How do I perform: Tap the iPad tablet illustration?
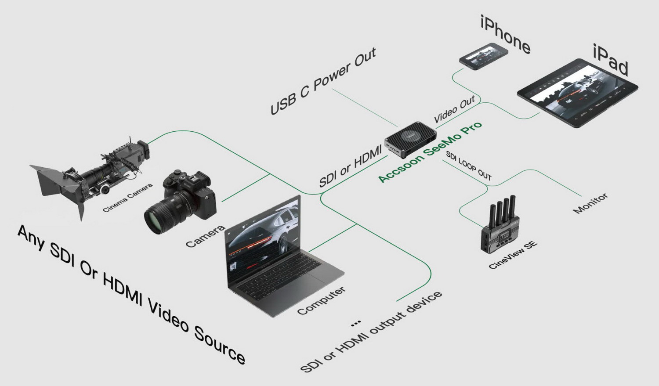(578, 93)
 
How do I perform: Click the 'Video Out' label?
(454, 109)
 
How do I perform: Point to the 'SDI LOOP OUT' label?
(468, 166)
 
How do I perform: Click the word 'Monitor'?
(590, 203)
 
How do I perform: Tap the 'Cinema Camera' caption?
(127, 197)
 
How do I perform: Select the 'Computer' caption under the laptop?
(321, 300)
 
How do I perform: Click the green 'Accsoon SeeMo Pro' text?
(430, 152)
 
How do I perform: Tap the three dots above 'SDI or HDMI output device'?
(356, 323)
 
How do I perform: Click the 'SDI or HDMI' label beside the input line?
(350, 166)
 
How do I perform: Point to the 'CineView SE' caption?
(513, 255)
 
